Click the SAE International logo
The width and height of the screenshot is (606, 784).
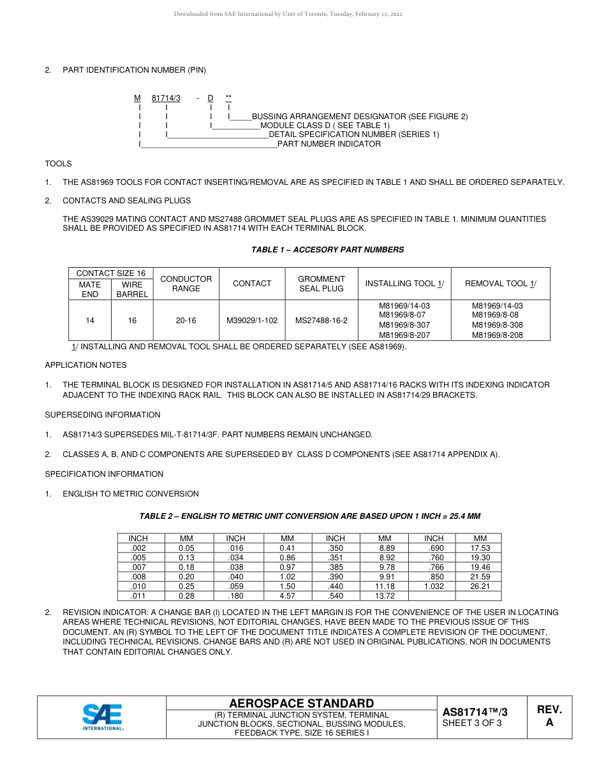(102, 716)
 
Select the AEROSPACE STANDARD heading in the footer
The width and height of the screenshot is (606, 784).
(301, 703)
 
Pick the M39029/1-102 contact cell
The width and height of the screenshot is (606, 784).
(252, 320)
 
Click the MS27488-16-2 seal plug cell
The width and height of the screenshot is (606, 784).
(321, 320)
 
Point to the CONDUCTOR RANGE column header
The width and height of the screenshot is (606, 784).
(186, 284)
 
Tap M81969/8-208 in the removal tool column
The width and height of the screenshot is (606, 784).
(497, 335)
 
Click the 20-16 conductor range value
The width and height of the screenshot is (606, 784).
(186, 320)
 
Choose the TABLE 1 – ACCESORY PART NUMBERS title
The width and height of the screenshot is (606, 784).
(327, 250)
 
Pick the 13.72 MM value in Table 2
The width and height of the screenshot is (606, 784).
(385, 596)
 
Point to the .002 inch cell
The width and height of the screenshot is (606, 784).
(138, 548)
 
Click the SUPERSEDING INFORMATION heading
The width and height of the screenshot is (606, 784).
(102, 415)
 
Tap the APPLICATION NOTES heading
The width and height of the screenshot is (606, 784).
(85, 365)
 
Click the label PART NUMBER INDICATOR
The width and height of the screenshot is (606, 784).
(329, 144)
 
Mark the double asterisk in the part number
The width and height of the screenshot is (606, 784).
(228, 98)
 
